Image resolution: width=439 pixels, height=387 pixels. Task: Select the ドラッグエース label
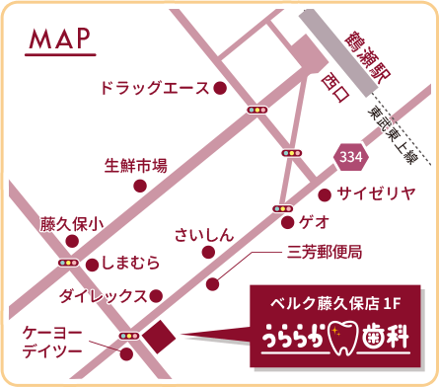pyautogui.click(x=153, y=88)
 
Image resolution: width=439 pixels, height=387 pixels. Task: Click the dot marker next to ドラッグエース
pyautogui.click(x=220, y=89)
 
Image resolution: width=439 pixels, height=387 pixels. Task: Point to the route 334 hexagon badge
pyautogui.click(x=346, y=155)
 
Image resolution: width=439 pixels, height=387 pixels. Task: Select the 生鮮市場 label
pyautogui.click(x=135, y=165)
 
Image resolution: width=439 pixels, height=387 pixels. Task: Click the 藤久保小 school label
pyautogui.click(x=70, y=224)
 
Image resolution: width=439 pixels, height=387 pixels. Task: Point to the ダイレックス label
pyautogui.click(x=103, y=295)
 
